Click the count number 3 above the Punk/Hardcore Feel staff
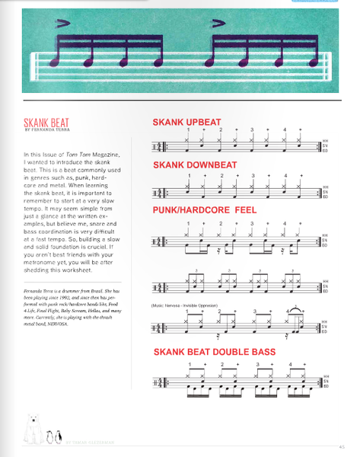(253, 223)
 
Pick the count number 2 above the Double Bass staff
(221, 365)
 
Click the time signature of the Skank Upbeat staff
(157, 147)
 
